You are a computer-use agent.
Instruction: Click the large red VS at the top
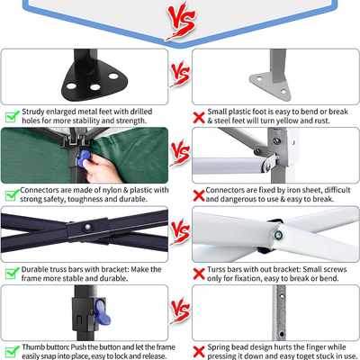tap(181, 21)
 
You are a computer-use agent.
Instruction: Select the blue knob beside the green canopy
tap(83, 158)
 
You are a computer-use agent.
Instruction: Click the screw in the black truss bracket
tap(87, 227)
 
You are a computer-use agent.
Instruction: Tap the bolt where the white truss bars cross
tap(278, 235)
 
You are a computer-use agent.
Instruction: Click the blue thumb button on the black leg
tap(102, 313)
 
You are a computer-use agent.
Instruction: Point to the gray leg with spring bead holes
tap(280, 312)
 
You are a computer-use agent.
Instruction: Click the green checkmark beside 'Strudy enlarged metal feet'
tap(13, 116)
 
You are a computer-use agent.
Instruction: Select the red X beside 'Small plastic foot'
tap(199, 118)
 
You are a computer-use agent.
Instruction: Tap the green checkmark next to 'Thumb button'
tap(13, 352)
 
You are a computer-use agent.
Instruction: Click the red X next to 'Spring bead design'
tap(199, 352)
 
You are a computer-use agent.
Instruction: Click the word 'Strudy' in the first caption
tap(33, 112)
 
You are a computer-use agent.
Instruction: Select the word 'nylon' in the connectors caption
tap(112, 190)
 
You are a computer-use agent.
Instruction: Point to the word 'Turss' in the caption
tap(217, 269)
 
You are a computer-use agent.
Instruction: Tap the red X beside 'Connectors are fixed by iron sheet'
tap(199, 195)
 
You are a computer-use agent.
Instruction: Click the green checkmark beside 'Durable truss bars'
tap(13, 274)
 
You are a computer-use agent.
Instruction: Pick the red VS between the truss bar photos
tap(181, 232)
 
